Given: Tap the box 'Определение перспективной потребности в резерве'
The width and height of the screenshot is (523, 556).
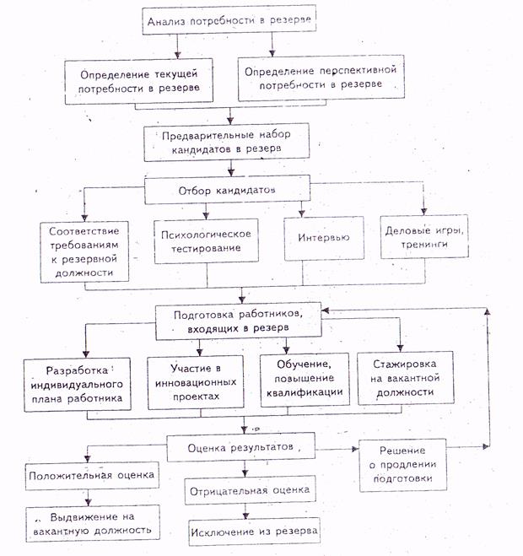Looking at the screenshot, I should click(x=320, y=77).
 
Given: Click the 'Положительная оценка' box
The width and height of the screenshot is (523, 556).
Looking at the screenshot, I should click(x=94, y=476).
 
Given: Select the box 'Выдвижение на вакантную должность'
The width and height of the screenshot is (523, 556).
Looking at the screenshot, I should click(x=93, y=521).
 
